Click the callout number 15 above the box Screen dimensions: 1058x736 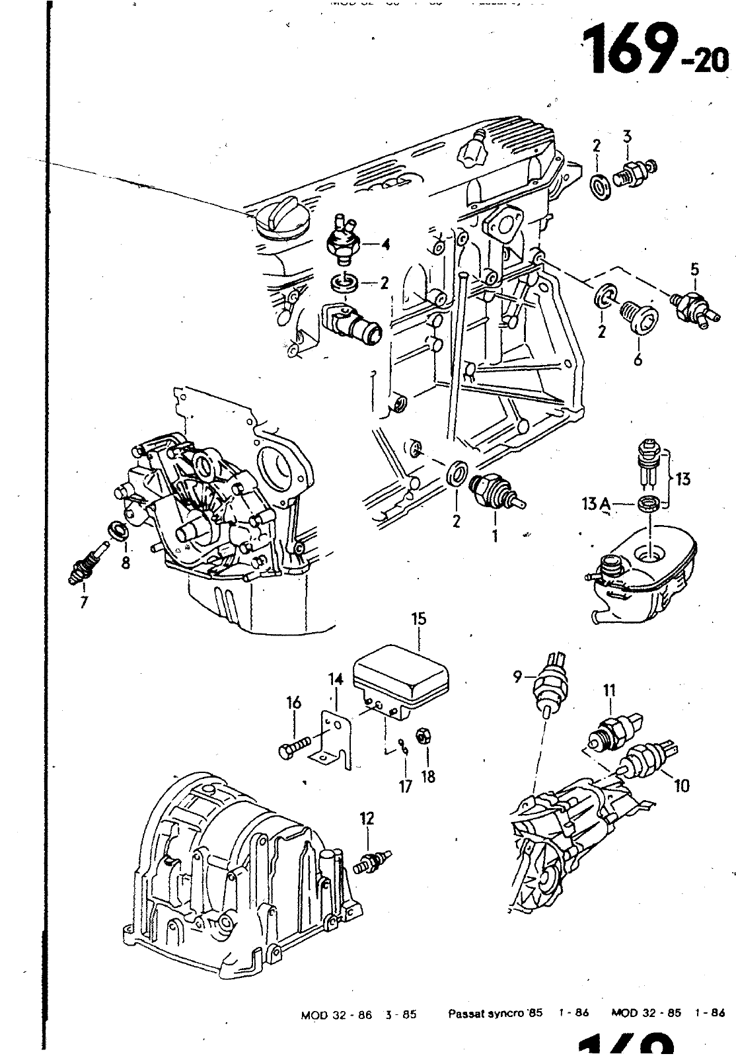point(419,620)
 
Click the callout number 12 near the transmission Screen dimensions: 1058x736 point(367,819)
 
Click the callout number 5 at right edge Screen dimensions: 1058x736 point(694,269)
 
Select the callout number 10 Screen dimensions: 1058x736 point(682,785)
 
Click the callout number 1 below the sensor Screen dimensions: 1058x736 point(495,535)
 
